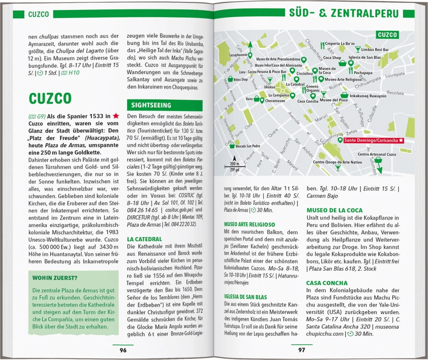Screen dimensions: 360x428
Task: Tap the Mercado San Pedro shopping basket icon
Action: pyautogui.click(x=232, y=146)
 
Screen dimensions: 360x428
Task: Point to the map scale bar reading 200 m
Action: pyautogui.click(x=234, y=165)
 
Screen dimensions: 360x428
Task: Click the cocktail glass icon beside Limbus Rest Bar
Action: pyautogui.click(x=357, y=50)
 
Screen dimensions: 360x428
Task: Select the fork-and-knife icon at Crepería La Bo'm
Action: pyautogui.click(x=322, y=45)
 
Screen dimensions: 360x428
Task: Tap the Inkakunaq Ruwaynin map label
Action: pyautogui.click(x=368, y=96)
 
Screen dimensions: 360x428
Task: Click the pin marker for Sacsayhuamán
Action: pyautogui.click(x=250, y=55)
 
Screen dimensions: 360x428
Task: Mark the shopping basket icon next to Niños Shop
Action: pyautogui.click(x=230, y=79)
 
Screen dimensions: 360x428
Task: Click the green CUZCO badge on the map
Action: pyautogui.click(x=387, y=35)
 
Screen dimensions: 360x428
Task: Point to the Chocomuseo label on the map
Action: pyautogui.click(x=275, y=101)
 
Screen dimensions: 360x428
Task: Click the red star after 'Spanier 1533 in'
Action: pyautogui.click(x=116, y=116)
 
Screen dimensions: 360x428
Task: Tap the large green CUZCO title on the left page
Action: pyautogui.click(x=50, y=99)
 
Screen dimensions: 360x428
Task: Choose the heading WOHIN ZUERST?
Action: pyautogui.click(x=55, y=278)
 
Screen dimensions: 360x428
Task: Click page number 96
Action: pyautogui.click(x=123, y=350)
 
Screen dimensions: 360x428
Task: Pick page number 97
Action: pyautogui.click(x=302, y=350)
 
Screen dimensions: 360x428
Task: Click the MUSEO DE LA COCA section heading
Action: pyautogui.click(x=335, y=210)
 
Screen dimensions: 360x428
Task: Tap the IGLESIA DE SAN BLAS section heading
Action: pyautogui.click(x=245, y=297)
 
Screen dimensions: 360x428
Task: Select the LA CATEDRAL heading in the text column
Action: pyautogui.click(x=144, y=239)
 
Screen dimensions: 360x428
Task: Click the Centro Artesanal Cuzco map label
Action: pyautogui.click(x=377, y=154)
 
